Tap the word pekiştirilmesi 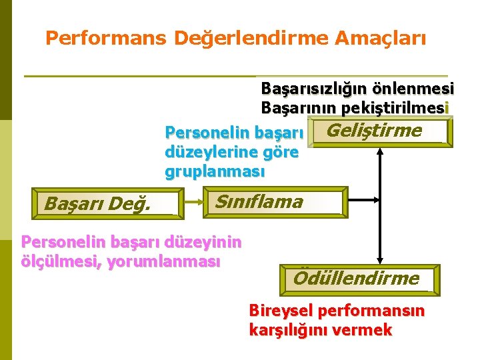pyautogui.click(x=396, y=107)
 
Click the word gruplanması pyautogui.click(x=215, y=171)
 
